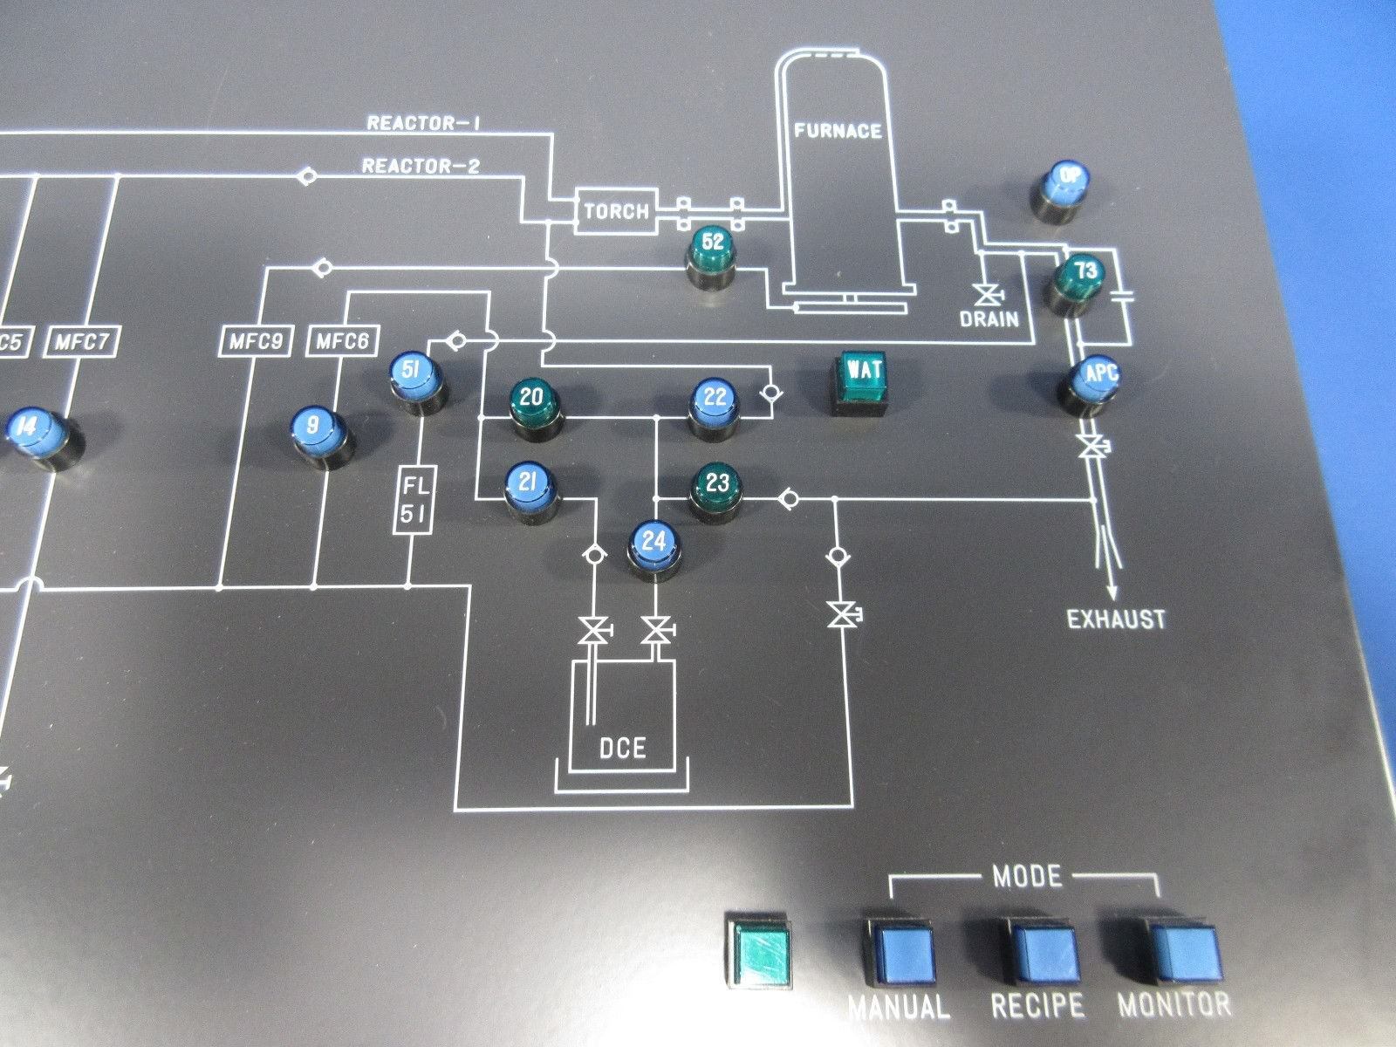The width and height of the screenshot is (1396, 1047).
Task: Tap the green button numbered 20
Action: (531, 402)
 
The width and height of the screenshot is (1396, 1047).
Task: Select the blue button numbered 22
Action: (715, 403)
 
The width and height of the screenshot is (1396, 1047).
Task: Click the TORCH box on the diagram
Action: (617, 211)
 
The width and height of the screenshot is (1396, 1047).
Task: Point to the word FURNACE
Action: (838, 132)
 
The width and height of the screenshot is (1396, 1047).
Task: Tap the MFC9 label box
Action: (254, 341)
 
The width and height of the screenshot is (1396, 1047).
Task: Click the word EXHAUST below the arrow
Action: (1117, 620)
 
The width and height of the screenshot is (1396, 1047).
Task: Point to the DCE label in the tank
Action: (622, 748)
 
